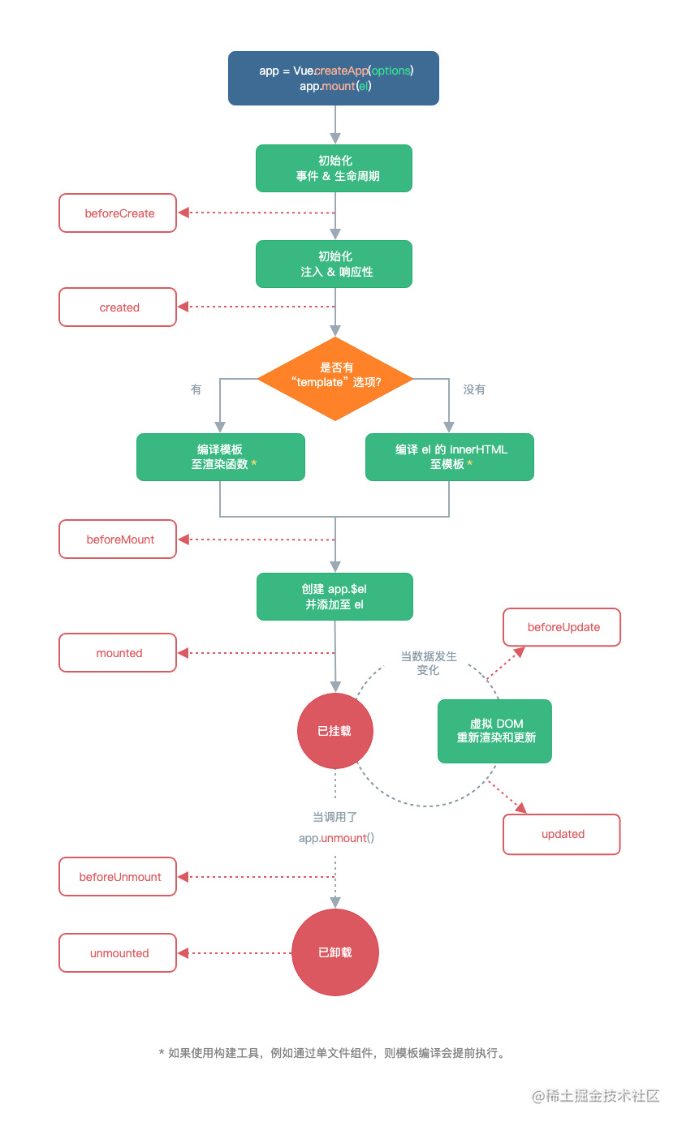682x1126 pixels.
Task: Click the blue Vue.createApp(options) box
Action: click(x=334, y=78)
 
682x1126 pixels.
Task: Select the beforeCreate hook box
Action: click(x=118, y=213)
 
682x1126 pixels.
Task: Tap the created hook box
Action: click(x=118, y=307)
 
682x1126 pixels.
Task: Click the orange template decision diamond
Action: click(x=335, y=379)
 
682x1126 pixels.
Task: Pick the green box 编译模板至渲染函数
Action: click(x=220, y=457)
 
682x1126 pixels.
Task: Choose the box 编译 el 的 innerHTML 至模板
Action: click(x=450, y=457)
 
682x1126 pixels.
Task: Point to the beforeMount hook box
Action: click(x=118, y=539)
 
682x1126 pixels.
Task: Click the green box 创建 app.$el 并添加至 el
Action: click(x=335, y=596)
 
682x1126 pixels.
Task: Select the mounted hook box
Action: click(x=118, y=653)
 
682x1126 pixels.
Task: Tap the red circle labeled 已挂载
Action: click(x=335, y=731)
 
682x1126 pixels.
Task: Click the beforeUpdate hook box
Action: click(x=562, y=627)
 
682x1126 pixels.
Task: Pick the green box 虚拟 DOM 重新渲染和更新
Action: click(x=494, y=731)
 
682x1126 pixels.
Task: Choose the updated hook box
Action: click(x=562, y=834)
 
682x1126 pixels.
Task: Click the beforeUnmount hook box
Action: click(x=118, y=877)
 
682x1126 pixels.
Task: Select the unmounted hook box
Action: click(x=118, y=953)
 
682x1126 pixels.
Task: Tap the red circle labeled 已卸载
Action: click(x=335, y=952)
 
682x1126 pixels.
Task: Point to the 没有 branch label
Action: click(x=474, y=390)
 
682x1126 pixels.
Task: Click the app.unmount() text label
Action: click(x=336, y=838)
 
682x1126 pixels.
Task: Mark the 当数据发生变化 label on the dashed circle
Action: click(x=428, y=663)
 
